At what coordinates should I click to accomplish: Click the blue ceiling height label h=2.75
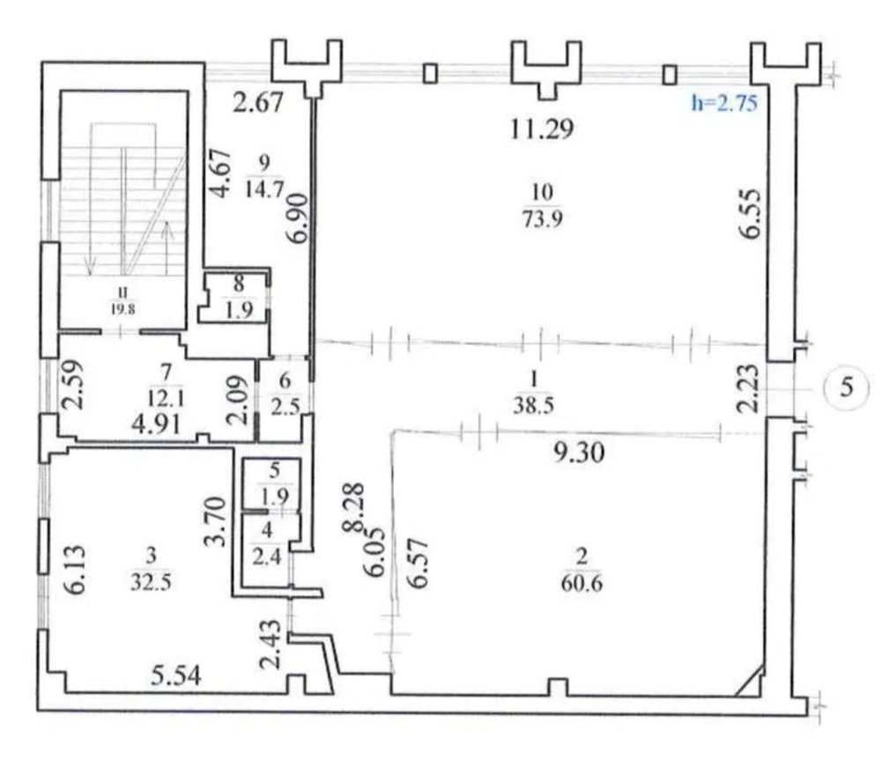click(724, 103)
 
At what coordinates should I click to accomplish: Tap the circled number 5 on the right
click(846, 387)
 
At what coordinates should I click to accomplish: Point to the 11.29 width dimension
click(542, 129)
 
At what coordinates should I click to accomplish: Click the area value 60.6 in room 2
click(581, 584)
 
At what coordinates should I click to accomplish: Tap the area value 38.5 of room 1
click(533, 405)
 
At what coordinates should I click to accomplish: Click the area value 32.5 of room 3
click(151, 582)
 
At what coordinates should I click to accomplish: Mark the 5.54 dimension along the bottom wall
click(176, 676)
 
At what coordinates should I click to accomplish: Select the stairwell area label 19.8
click(122, 309)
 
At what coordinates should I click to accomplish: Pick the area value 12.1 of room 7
click(165, 399)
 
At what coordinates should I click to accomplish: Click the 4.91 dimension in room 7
click(156, 424)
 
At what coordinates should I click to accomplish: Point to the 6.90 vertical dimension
click(299, 217)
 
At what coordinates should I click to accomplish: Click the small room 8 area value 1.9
click(240, 310)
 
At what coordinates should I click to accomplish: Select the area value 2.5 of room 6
click(285, 405)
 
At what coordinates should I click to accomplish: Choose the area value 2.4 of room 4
click(267, 557)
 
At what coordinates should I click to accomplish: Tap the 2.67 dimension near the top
click(258, 103)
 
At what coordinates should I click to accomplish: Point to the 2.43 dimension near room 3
click(270, 644)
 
